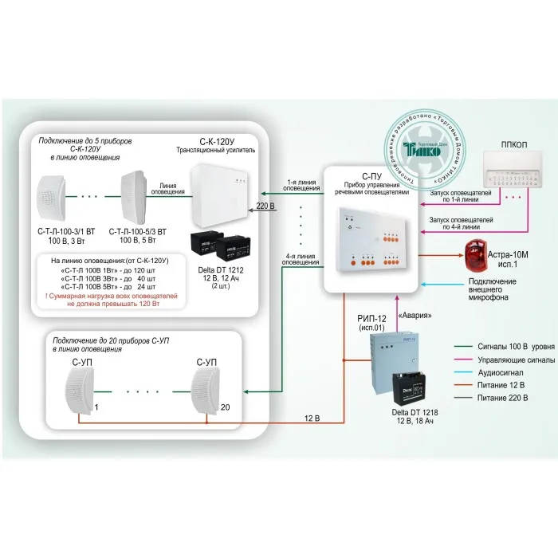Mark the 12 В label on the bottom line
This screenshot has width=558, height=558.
313,416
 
